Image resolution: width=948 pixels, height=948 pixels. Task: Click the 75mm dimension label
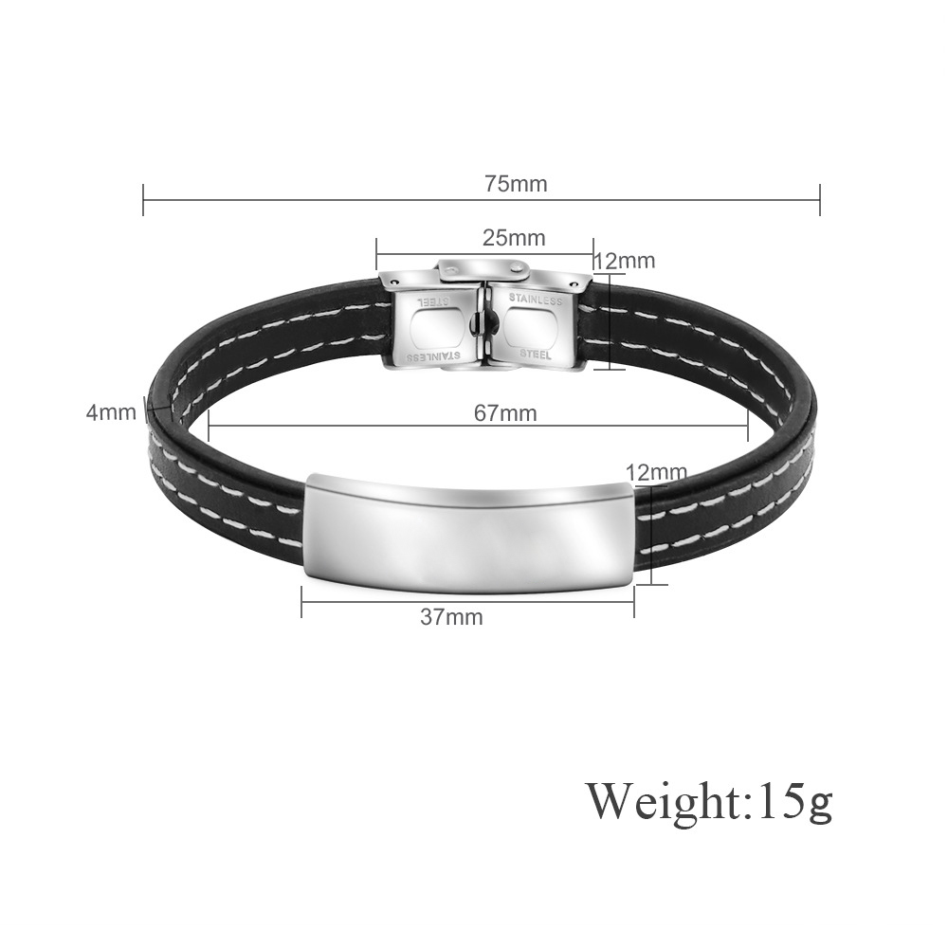[516, 183]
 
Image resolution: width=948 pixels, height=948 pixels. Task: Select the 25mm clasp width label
[514, 238]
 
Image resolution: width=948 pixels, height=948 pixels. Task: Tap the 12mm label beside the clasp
[625, 261]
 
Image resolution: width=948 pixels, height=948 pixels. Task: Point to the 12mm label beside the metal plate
[657, 471]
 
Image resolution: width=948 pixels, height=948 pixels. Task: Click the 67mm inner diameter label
[505, 413]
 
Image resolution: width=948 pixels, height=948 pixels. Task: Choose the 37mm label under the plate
[451, 617]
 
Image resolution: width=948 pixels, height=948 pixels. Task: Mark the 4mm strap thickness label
[111, 412]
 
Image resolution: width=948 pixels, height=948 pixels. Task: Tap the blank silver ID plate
[468, 532]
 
